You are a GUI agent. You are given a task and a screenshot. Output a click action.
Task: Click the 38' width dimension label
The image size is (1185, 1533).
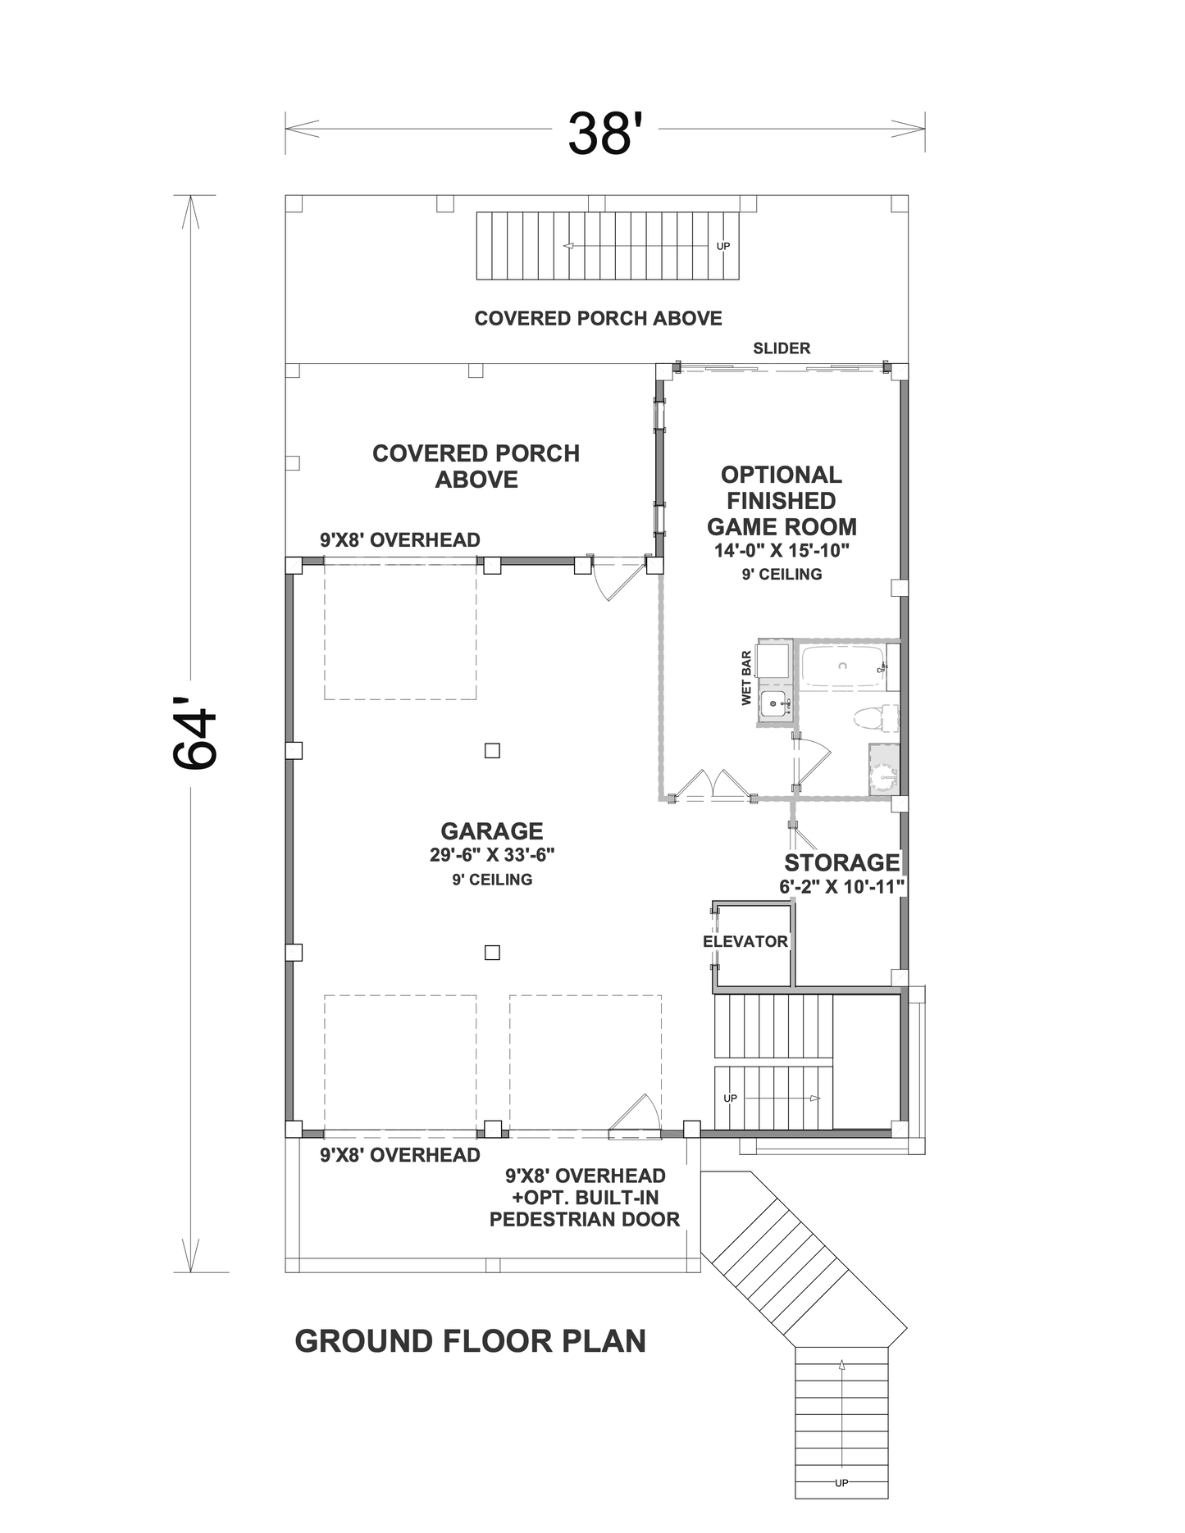pos(601,133)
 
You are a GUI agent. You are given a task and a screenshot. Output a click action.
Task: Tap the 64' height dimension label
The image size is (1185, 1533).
pos(194,734)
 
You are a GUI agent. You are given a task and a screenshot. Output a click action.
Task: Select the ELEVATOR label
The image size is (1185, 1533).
pos(745,941)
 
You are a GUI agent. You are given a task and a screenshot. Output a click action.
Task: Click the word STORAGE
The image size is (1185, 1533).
pos(842,862)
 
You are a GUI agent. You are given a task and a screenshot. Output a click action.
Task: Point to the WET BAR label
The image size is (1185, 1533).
pos(746,678)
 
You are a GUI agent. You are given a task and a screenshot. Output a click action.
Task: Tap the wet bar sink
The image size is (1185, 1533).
pos(773,703)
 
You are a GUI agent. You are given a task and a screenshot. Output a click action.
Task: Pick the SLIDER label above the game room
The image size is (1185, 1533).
pos(782,348)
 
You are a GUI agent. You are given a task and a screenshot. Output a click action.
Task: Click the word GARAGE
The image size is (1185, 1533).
pos(492,831)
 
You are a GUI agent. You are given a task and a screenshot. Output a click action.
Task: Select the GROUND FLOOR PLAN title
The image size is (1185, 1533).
pos(471,1341)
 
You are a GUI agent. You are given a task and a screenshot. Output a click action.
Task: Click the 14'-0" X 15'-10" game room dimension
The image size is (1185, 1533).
pos(782,550)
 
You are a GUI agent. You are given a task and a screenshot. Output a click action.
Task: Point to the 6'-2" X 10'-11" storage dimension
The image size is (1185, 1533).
pos(842,886)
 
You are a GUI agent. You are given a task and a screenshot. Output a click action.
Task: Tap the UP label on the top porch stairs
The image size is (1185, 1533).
pos(722,246)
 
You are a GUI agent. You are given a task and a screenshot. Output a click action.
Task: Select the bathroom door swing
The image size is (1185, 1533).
pos(813,761)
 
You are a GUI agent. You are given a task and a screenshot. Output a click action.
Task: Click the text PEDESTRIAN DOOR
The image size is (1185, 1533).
pos(585,1219)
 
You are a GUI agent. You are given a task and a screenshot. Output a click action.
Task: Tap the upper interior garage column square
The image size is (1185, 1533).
pos(492,750)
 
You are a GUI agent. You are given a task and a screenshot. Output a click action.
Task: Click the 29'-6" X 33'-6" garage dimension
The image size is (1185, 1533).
pos(492,855)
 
